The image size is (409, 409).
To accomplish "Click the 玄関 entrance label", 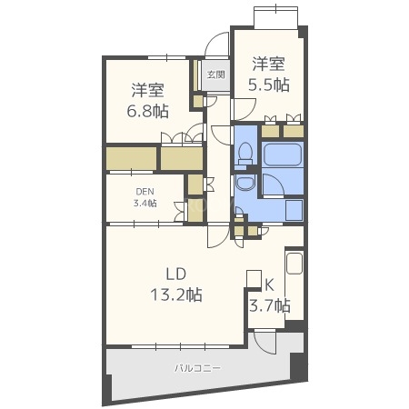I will coord(214,75).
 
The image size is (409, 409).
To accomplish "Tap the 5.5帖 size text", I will coord(270,85).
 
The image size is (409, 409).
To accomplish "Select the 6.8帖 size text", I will coord(148,111).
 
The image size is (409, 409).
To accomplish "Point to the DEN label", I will coord(145,191).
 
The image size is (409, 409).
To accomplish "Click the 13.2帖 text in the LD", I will coord(176,294).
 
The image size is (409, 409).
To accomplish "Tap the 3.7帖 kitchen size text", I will coord(269,304).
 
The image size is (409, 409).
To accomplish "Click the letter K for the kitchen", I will coord(269,284).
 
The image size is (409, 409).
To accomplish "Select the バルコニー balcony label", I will coord(197,368).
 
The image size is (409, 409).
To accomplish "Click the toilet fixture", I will coord(244,155).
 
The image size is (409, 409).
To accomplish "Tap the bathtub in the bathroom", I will coord(282,155).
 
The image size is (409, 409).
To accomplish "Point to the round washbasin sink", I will coord(244,185).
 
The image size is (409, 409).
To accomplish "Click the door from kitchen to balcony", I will coord(264,343).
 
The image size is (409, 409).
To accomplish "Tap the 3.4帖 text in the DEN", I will coord(145,203).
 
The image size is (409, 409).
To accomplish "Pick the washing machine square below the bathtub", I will coord(293,209).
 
